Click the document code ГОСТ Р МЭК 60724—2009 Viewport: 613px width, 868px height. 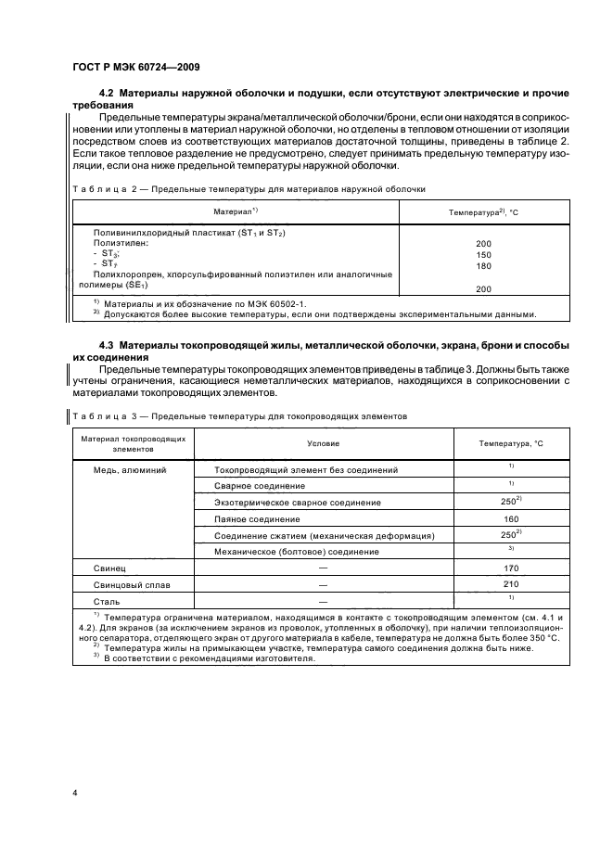pos(134,66)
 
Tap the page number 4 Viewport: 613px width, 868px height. pos(73,794)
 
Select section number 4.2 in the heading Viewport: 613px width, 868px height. pos(108,95)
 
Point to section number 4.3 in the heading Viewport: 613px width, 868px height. pos(108,346)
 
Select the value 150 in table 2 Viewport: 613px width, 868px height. pos(483,253)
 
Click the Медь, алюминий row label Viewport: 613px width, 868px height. pos(131,470)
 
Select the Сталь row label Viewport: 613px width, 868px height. pos(105,604)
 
